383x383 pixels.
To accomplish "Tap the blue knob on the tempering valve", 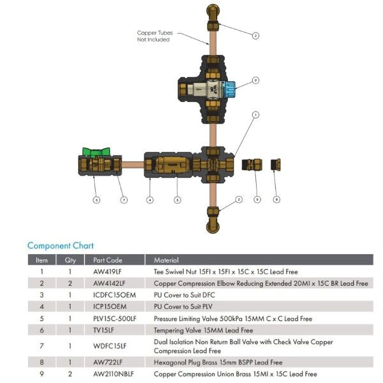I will [x=231, y=86].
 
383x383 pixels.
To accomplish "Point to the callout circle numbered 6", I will [x=255, y=80].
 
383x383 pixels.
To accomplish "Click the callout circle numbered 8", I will [x=276, y=199].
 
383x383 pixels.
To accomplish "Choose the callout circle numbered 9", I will [x=257, y=199].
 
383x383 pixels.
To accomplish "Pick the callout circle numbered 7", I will [x=124, y=199].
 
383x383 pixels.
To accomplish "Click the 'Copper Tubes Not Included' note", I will [x=154, y=36].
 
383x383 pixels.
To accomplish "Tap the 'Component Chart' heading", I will [x=60, y=245].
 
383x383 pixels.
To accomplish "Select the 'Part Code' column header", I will [x=107, y=260].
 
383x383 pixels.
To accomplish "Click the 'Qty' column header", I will [x=70, y=260].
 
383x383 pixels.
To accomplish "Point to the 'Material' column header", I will [x=167, y=260].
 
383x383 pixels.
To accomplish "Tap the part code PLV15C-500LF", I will [x=115, y=319].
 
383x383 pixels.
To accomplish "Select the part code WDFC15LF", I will [x=110, y=346].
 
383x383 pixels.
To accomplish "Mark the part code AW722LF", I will [x=107, y=362].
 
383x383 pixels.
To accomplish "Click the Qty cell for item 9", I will [x=70, y=373].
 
